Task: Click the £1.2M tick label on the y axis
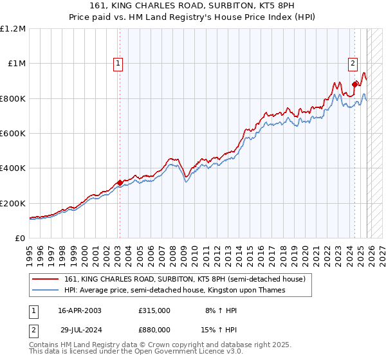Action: click(x=13, y=29)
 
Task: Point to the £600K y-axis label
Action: click(x=13, y=134)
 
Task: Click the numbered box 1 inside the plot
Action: click(x=119, y=63)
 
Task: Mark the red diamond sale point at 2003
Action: click(x=120, y=183)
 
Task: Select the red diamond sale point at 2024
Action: click(x=355, y=84)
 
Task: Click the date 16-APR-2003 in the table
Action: click(x=80, y=310)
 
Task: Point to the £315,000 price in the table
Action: click(x=154, y=310)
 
